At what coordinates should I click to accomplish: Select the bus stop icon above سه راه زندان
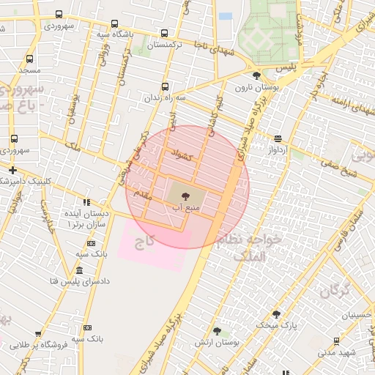coord(164,86)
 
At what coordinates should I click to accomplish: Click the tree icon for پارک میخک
coord(276,313)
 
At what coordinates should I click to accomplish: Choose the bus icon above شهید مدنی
coord(336,341)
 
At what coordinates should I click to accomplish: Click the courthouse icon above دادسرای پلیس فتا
coord(79,270)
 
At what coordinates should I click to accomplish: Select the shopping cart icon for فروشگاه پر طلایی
coord(38,334)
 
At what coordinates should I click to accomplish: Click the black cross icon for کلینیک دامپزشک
coord(12,170)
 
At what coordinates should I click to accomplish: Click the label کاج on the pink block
coord(156,240)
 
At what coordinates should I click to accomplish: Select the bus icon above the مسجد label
coord(29,59)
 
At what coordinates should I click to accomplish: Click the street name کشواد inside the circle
coord(180,155)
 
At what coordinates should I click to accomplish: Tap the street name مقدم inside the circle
coord(140,194)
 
